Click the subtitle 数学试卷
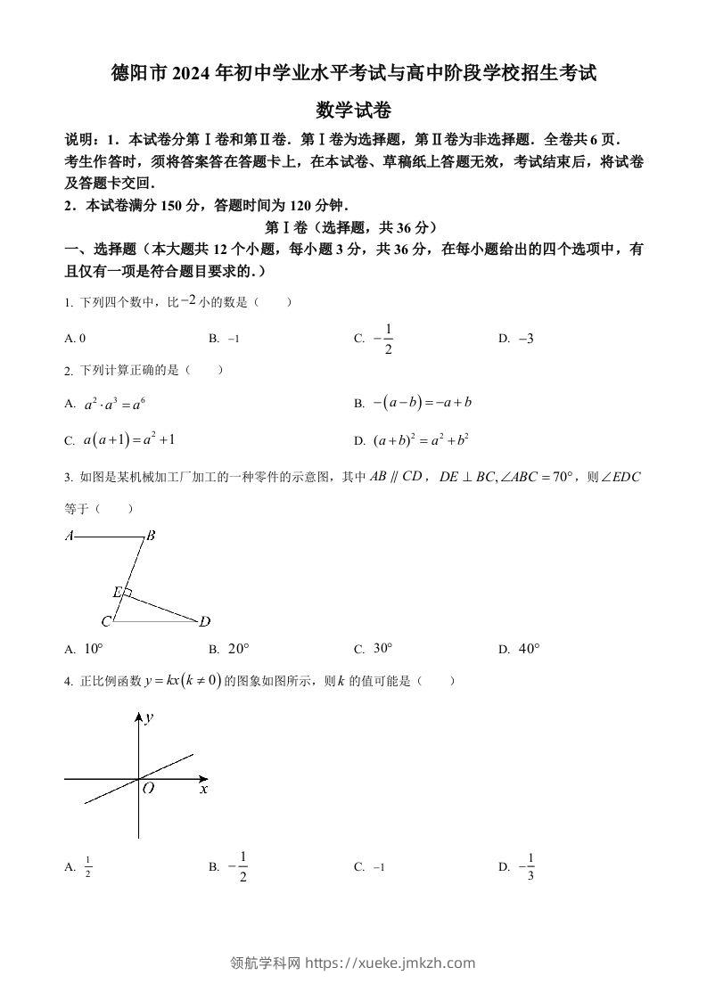click(353, 111)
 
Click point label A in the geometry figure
click(69, 537)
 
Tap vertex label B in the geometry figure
click(151, 537)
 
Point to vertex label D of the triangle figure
click(204, 621)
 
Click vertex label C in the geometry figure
click(106, 621)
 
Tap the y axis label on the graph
click(150, 717)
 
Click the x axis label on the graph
click(203, 789)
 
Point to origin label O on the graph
click(148, 789)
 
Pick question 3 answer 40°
click(529, 649)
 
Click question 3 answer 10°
click(94, 649)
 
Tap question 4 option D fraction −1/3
click(527, 865)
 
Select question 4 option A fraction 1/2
click(88, 866)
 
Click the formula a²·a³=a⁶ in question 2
click(114, 404)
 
